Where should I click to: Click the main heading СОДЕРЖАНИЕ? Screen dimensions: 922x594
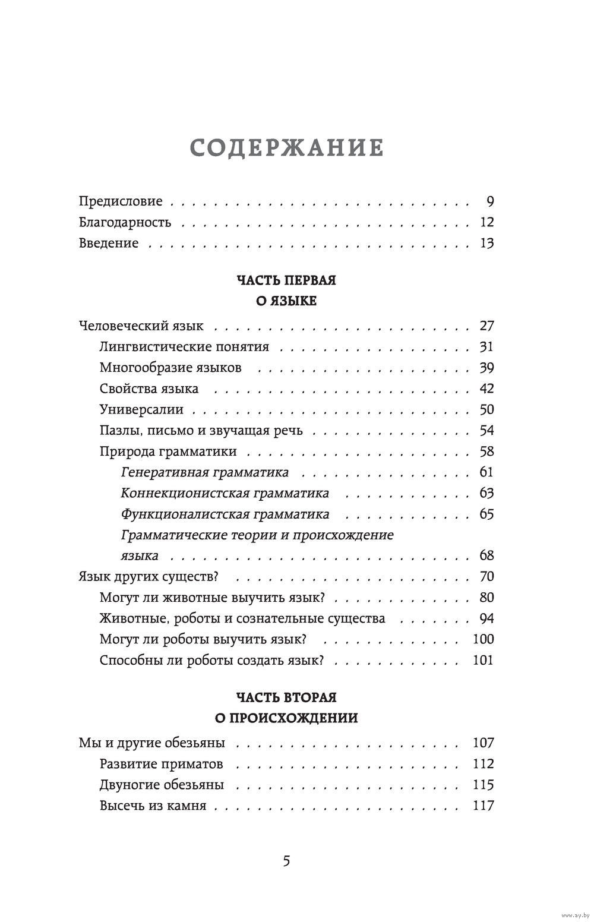[286, 149]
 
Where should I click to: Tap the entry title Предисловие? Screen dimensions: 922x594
[121, 201]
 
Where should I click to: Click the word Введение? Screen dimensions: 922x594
[109, 243]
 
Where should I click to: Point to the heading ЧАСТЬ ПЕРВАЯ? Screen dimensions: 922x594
[286, 280]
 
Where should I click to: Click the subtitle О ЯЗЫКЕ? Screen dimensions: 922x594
[286, 301]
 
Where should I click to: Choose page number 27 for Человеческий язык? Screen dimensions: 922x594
[486, 326]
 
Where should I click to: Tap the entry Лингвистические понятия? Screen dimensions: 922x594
[184, 347]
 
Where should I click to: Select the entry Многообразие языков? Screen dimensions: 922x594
[170, 368]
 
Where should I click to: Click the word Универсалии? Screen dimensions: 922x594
[142, 410]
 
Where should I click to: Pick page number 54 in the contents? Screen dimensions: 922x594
[486, 431]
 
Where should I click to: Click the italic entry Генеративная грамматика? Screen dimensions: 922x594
[205, 473]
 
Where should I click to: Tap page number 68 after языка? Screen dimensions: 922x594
[486, 556]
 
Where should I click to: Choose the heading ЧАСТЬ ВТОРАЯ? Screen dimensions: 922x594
[286, 697]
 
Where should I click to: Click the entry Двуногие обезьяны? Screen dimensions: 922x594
[162, 785]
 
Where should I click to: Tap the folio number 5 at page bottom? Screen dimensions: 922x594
[286, 861]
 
